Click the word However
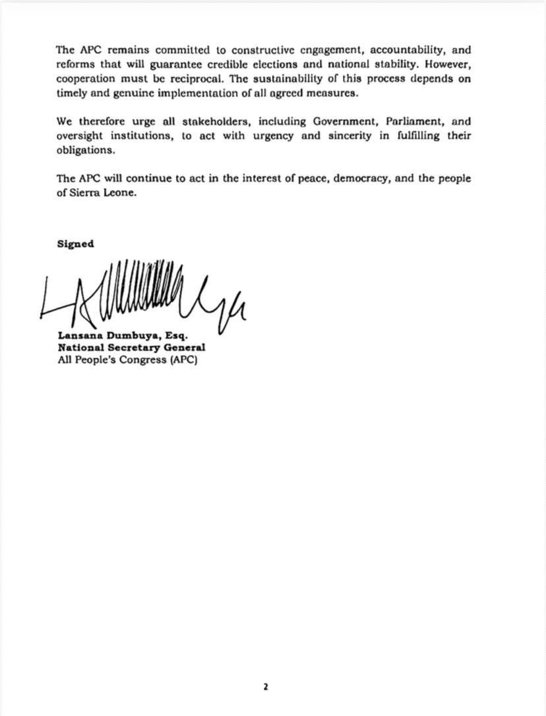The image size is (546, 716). point(448,65)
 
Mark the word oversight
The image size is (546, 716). point(79,137)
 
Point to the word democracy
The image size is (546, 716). point(360,179)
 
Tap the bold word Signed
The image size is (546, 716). point(75,244)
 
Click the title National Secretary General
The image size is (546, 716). point(131,348)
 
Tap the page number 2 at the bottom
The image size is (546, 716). point(266,687)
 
